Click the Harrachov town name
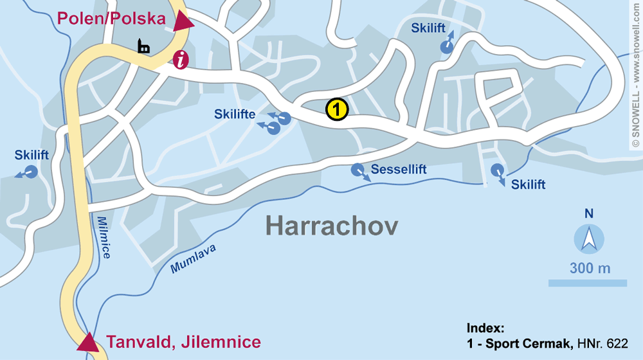[x=331, y=226]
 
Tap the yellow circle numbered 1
[x=336, y=109]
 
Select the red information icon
[x=181, y=60]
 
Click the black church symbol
[x=143, y=46]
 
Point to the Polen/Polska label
[x=112, y=19]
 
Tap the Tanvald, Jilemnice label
[x=183, y=341]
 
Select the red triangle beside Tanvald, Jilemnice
[x=88, y=342]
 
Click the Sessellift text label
[x=399, y=170]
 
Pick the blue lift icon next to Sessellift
[x=358, y=170]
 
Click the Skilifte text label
[x=235, y=114]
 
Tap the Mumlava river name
[x=194, y=259]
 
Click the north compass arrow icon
[x=589, y=239]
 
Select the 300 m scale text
[x=589, y=268]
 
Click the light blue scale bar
[x=587, y=283]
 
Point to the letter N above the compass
[x=589, y=213]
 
